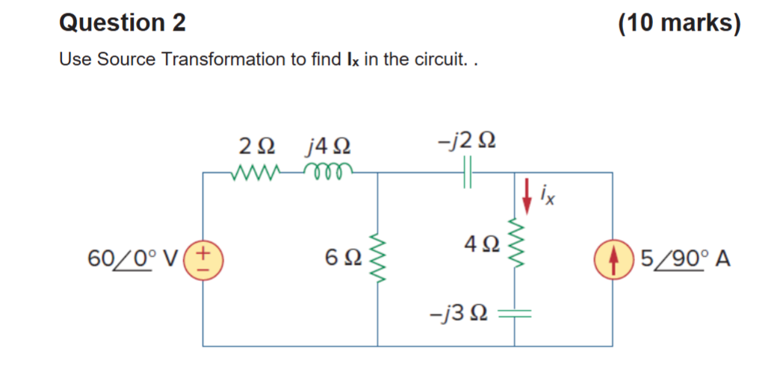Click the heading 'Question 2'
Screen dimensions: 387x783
pos(123,24)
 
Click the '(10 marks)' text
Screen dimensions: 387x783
pos(679,24)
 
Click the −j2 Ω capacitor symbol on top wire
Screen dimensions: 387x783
pos(469,173)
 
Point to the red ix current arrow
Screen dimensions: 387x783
pos(527,191)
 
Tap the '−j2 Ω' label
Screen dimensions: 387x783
pos(469,140)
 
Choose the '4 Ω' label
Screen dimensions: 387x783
pos(478,243)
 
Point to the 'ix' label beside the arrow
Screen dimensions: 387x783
pos(550,199)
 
